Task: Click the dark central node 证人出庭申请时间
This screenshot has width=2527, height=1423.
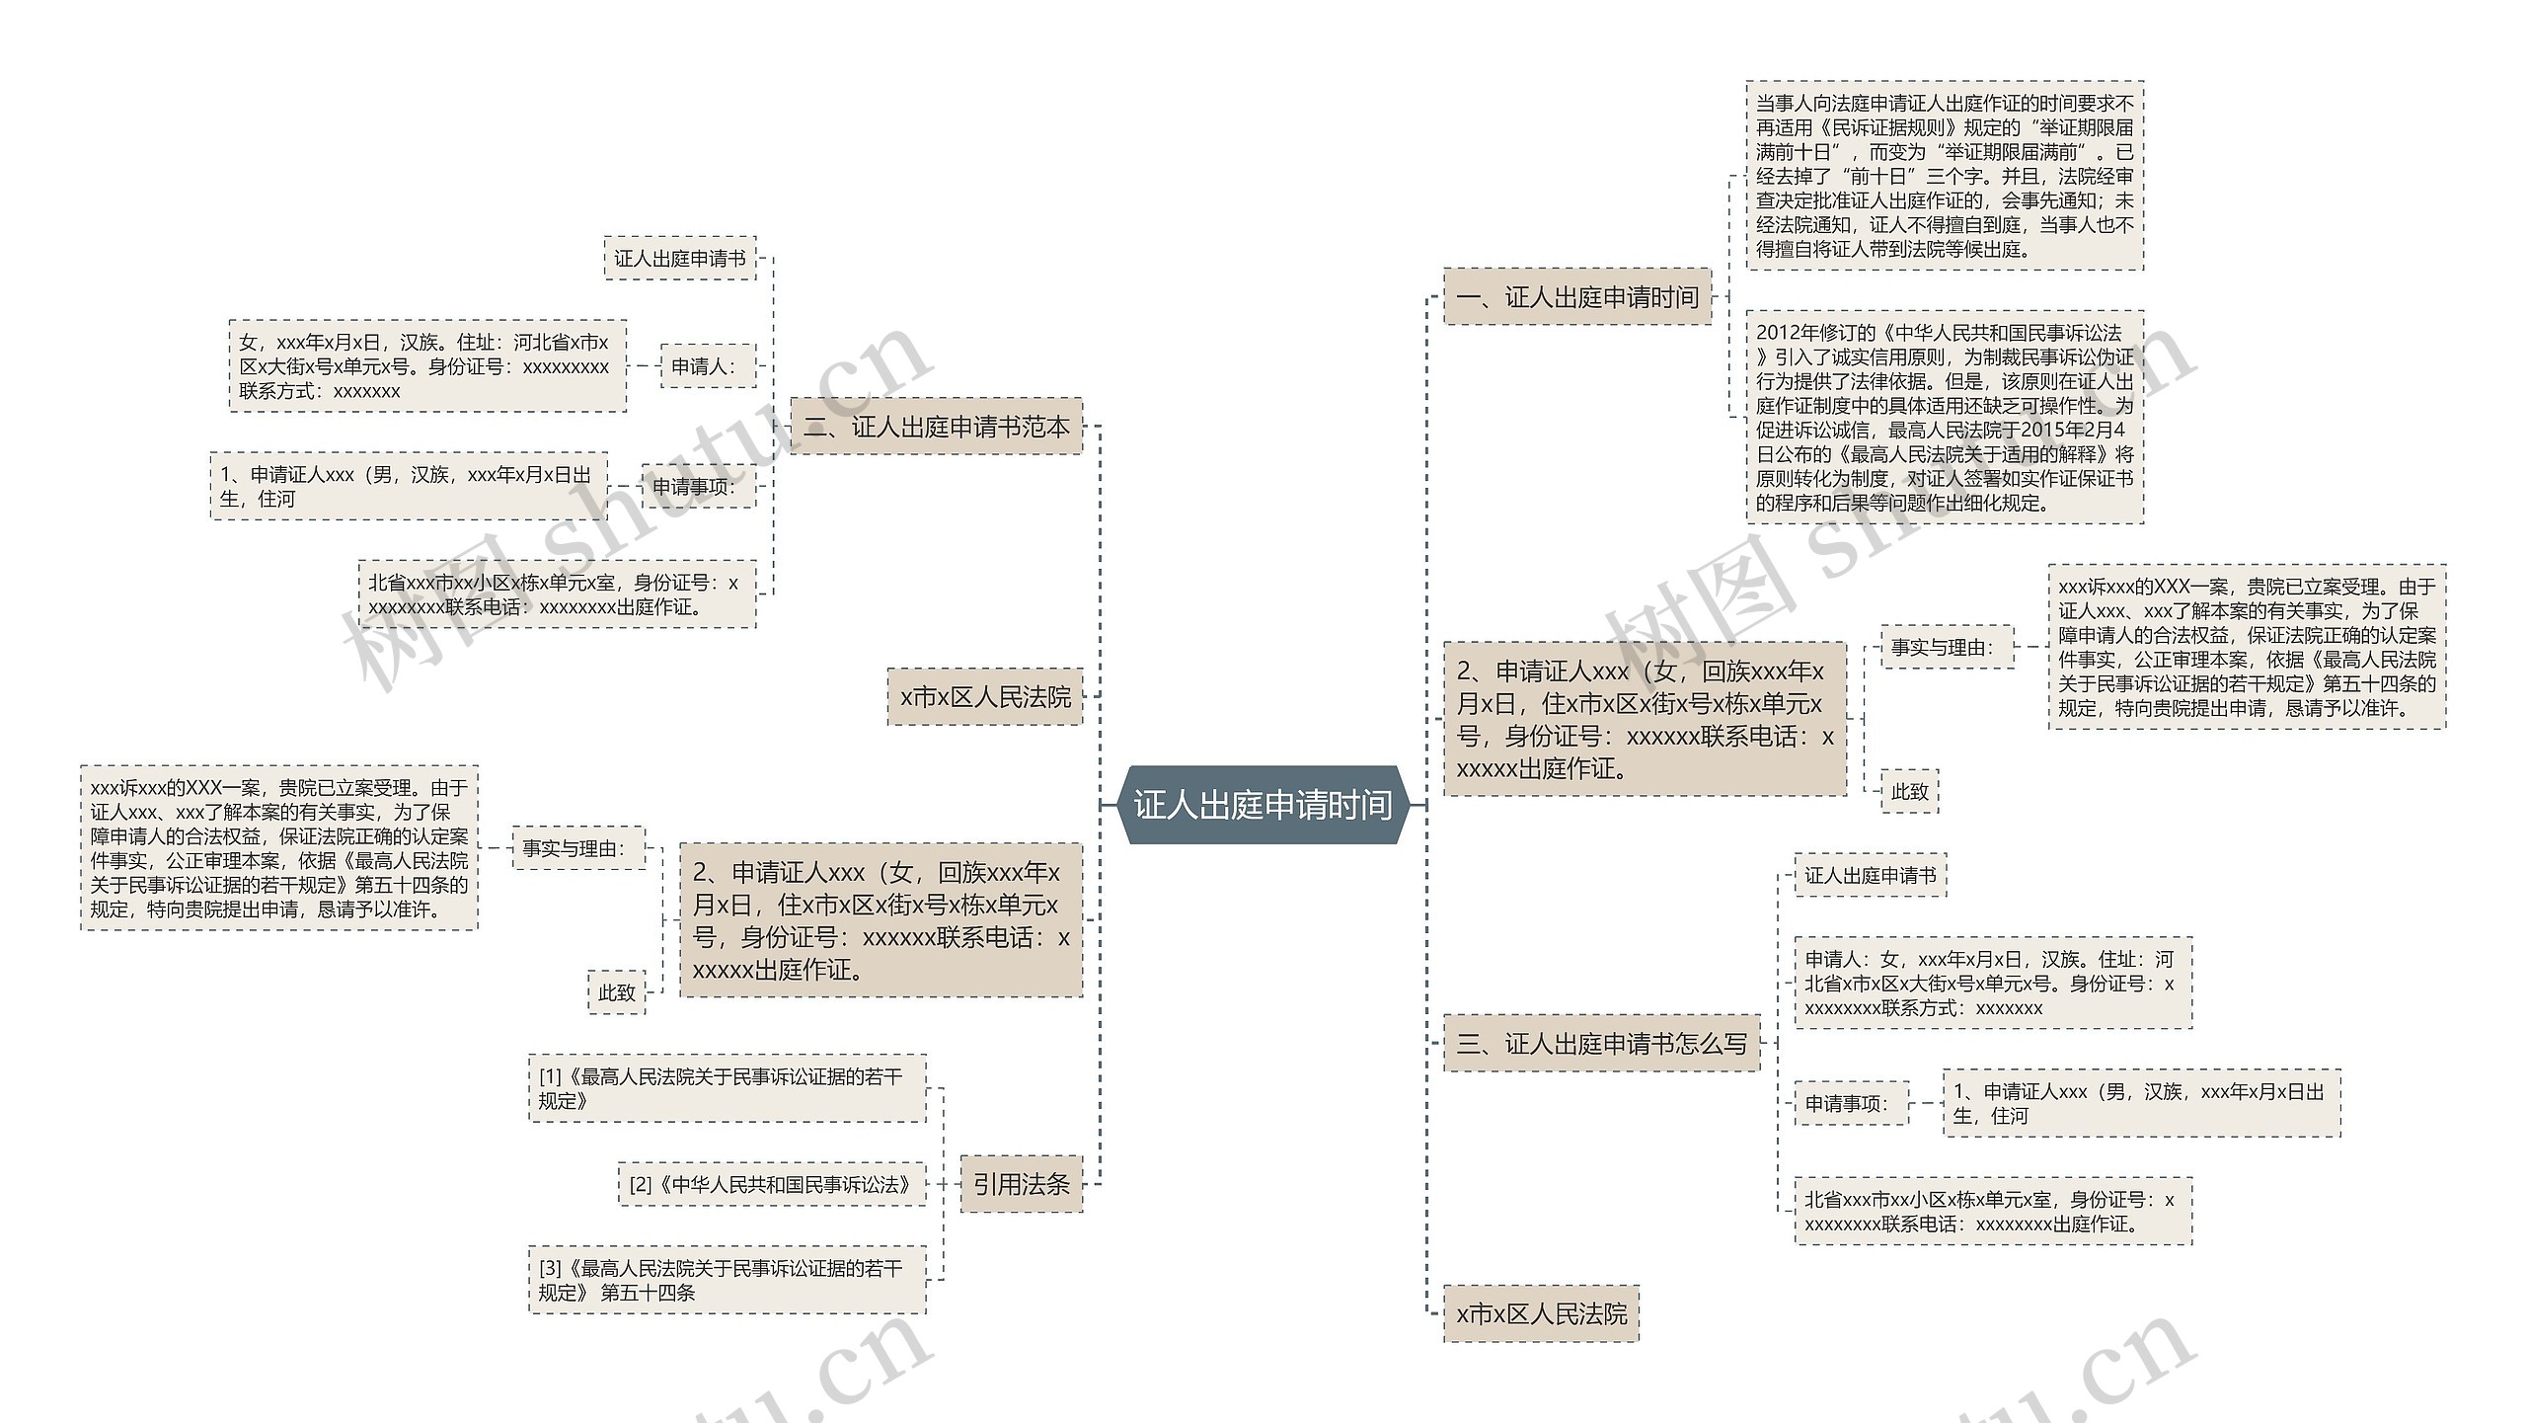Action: click(x=1263, y=805)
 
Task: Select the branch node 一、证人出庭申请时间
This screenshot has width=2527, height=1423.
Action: click(x=1576, y=296)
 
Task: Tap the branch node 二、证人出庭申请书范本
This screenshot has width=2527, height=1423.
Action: click(x=936, y=427)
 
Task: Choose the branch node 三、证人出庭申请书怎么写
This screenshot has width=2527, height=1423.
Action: click(x=1601, y=1043)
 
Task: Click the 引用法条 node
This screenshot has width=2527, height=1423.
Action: click(x=1021, y=1184)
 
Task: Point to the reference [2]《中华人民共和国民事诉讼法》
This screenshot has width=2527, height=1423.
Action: click(x=771, y=1184)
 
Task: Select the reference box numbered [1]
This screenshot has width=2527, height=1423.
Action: click(x=727, y=1088)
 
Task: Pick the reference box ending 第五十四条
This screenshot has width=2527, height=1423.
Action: click(x=727, y=1280)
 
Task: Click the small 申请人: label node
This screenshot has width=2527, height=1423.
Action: click(x=707, y=366)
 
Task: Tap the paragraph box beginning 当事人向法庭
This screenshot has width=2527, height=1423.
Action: click(x=1944, y=176)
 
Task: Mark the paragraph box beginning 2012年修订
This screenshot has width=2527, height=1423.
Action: click(x=1944, y=417)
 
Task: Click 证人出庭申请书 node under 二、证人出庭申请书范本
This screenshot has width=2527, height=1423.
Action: click(x=680, y=258)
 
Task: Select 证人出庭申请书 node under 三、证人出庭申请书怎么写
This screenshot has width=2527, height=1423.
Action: click(x=1870, y=875)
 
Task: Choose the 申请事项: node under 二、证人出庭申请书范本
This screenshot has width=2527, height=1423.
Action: click(x=698, y=486)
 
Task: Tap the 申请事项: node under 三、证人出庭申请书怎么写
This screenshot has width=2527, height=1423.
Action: click(x=1850, y=1104)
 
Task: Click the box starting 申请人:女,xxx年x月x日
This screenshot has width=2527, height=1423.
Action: click(x=1992, y=984)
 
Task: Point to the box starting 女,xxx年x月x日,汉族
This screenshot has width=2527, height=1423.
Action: click(x=427, y=366)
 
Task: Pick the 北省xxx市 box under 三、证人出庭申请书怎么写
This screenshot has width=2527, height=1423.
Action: click(x=1992, y=1212)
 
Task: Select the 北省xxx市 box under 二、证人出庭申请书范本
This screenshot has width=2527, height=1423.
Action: click(x=557, y=594)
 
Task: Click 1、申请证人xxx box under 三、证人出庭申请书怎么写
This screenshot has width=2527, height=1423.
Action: click(x=2141, y=1104)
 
